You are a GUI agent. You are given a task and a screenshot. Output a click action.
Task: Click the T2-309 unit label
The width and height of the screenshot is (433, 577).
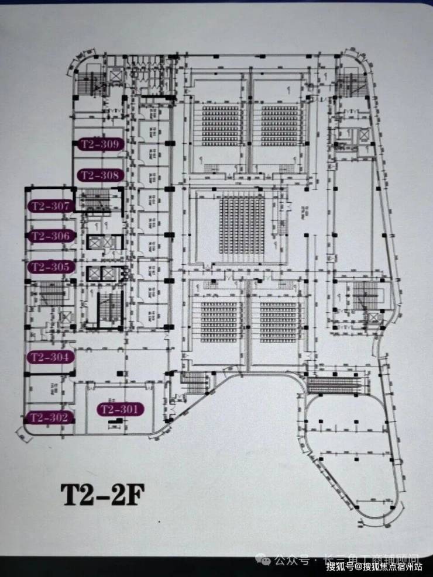click(99, 144)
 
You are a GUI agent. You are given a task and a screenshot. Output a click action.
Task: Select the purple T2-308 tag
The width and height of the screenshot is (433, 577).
click(99, 175)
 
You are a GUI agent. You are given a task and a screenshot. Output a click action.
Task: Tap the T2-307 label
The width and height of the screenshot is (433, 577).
click(51, 206)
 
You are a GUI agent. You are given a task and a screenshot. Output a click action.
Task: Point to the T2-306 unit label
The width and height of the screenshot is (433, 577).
click(51, 236)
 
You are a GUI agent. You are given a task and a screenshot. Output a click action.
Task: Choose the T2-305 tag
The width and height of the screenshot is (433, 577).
click(51, 267)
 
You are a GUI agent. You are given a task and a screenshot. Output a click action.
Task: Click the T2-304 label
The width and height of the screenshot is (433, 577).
click(51, 357)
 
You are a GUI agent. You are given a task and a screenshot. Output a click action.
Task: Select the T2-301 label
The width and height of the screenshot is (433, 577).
click(119, 409)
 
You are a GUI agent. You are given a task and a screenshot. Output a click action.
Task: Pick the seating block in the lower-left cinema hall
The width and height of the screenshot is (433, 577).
click(218, 321)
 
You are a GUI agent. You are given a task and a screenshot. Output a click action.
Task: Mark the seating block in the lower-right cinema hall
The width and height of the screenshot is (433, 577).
click(278, 321)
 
